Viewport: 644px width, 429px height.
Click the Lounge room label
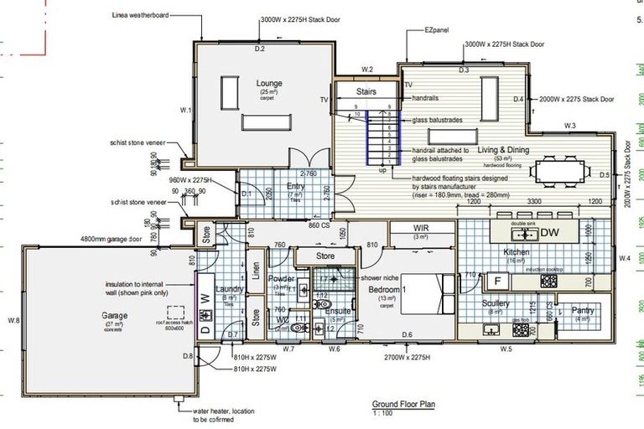tap(269, 84)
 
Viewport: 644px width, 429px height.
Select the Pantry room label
tap(583, 310)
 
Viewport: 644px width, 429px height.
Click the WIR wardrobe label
tap(421, 228)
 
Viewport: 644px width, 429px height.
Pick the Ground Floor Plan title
tap(405, 403)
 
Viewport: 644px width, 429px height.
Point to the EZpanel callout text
tap(436, 30)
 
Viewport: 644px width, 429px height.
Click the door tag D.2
tap(260, 50)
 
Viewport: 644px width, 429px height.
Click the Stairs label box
tap(366, 91)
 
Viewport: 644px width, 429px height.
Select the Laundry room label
tap(229, 289)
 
